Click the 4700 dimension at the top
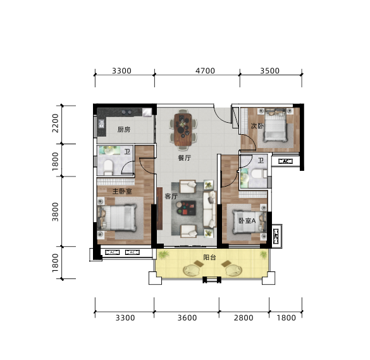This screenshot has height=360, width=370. (205, 71)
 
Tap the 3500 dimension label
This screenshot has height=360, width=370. (269, 71)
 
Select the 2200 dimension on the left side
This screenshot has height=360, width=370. (55, 123)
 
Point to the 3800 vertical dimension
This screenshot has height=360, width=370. (55, 212)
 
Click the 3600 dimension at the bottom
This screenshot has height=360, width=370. (187, 318)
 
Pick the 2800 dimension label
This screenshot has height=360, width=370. (244, 318)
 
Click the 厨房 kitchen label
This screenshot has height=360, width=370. (124, 129)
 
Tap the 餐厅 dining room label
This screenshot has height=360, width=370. (185, 158)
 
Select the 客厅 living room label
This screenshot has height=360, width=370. (171, 196)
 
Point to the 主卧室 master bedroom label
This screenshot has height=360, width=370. (122, 191)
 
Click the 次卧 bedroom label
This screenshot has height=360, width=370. (257, 126)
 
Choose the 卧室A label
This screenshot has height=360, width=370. (247, 221)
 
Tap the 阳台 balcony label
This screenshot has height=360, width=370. (209, 257)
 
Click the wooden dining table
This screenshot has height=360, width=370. (183, 129)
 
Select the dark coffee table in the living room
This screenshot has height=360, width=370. (187, 208)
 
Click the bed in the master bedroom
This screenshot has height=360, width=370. (117, 218)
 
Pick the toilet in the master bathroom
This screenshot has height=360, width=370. (108, 166)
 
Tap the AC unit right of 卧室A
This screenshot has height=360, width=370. (275, 236)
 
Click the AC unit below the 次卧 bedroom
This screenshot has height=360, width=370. (285, 161)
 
